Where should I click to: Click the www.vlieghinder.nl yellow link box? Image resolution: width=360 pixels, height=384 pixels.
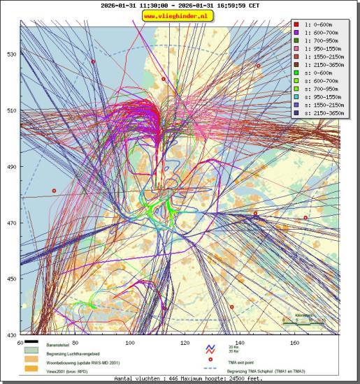click(x=180, y=15)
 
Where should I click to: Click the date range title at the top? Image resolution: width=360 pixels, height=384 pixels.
click(x=180, y=4)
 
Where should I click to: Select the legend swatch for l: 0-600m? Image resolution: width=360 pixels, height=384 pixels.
click(x=298, y=24)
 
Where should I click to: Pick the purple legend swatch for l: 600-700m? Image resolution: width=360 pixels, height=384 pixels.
click(x=298, y=32)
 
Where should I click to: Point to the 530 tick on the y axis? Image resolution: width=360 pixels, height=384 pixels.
click(x=11, y=54)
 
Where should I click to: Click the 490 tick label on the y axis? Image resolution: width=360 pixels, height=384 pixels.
click(x=11, y=167)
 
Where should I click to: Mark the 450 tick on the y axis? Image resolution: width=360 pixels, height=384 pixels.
click(x=11, y=279)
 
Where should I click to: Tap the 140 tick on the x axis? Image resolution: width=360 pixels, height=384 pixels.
click(x=240, y=343)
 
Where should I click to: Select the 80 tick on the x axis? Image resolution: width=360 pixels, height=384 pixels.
click(x=75, y=343)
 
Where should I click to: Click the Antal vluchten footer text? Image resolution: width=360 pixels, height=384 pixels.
click(x=180, y=379)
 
